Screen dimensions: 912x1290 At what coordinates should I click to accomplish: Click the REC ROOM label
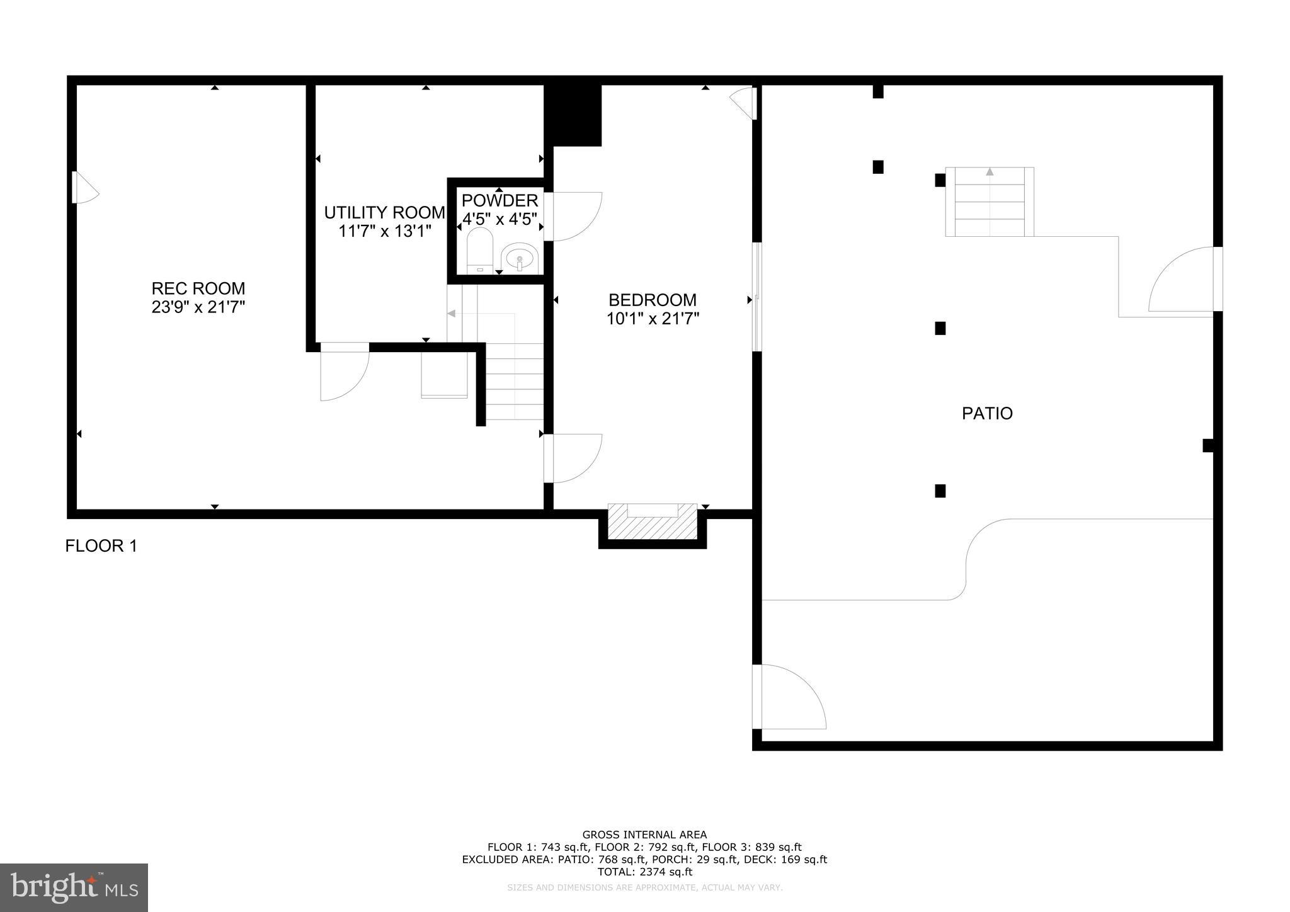pos(198,288)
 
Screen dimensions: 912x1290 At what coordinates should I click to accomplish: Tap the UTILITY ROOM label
pos(384,213)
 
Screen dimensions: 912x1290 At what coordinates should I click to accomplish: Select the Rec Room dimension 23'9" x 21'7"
pos(198,307)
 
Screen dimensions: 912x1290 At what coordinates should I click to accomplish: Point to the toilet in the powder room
pos(480,251)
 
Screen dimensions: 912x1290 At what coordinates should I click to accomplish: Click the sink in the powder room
pos(520,258)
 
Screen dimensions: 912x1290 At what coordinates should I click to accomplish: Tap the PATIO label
pos(987,414)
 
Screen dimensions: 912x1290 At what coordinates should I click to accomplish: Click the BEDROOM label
pos(652,300)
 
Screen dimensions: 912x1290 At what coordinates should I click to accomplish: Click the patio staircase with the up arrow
pos(989,202)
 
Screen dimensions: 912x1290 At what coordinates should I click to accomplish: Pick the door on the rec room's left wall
pos(84,188)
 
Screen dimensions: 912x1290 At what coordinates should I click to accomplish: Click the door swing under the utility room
pos(343,373)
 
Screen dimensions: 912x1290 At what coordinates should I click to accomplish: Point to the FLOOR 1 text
pos(101,546)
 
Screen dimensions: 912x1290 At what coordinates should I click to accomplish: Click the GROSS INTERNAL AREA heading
pos(644,835)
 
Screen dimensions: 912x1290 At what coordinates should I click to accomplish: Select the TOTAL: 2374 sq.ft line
pos(644,872)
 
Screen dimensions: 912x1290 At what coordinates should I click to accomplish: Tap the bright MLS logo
pos(74,887)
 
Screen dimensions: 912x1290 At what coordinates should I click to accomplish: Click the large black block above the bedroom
pos(573,115)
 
